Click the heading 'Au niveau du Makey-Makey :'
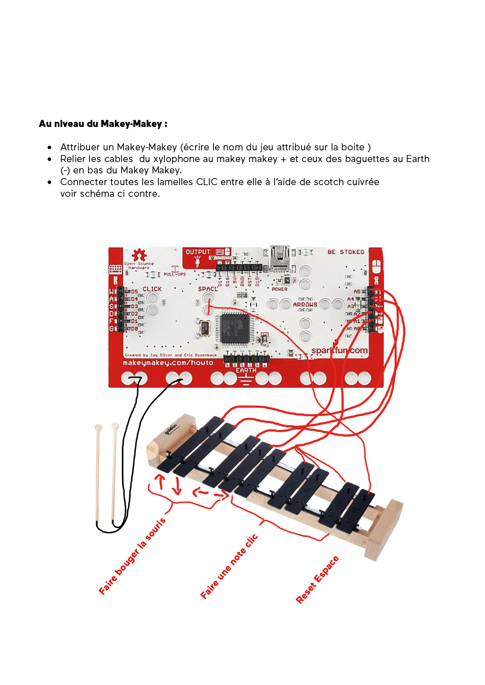103,124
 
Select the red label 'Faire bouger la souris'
132,556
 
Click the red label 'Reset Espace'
317,580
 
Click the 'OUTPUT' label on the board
198,252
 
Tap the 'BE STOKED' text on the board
346,252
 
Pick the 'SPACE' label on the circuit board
208,289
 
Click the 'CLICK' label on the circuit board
152,289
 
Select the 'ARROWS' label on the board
305,305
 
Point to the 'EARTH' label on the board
246,370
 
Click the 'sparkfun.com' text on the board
339,350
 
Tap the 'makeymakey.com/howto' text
168,363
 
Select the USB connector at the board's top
280,258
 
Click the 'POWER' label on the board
280,289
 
